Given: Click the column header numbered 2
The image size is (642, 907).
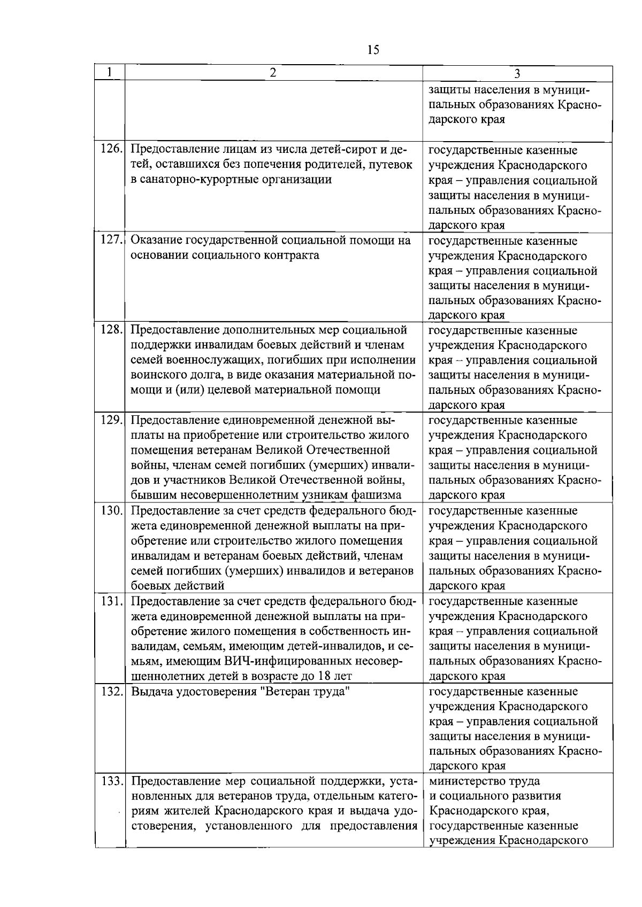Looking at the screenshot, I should click(273, 73).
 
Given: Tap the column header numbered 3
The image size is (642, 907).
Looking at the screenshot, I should click(517, 74).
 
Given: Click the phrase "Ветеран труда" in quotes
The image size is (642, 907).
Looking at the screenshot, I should click(312, 692).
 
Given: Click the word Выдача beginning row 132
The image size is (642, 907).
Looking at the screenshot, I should click(151, 692).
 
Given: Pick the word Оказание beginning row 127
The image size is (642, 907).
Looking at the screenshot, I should click(155, 240).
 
